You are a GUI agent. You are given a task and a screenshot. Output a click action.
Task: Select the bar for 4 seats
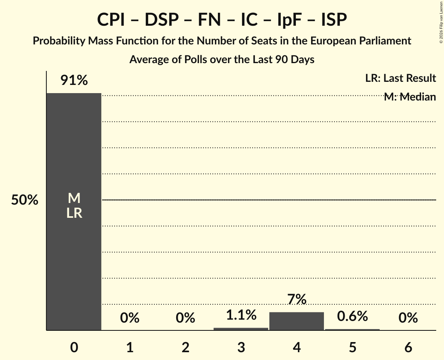coord(297,321)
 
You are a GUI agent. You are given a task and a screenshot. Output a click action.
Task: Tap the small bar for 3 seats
coord(241,329)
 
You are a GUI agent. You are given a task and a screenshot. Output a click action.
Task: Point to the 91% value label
coord(74,80)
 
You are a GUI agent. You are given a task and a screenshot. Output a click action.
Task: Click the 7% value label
coord(297,299)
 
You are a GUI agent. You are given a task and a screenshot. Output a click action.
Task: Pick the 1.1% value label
coord(241,315)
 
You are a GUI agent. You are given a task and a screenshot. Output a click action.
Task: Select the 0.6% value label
coord(352,316)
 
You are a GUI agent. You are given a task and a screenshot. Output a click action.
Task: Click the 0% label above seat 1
coord(129,318)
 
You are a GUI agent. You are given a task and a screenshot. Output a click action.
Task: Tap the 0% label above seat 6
coord(408,318)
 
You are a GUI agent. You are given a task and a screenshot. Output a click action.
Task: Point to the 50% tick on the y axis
coord(25,200)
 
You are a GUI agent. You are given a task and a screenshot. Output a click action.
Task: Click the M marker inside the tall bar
coord(74,199)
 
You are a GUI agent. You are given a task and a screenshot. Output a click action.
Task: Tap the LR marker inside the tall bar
coord(74,213)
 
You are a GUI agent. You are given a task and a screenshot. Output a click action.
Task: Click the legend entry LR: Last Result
coord(400,78)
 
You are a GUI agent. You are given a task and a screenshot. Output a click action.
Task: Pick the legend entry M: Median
coord(410,97)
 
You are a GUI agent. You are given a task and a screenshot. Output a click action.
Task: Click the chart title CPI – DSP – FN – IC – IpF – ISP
coord(222,20)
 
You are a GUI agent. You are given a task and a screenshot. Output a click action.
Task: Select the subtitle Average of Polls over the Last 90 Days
coord(222,60)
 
